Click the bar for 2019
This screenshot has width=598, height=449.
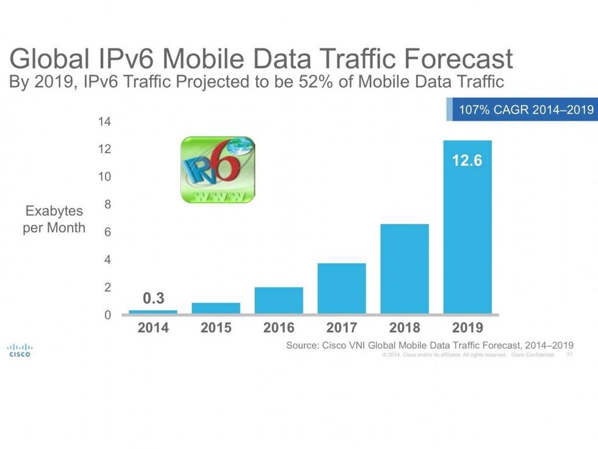[x=467, y=232]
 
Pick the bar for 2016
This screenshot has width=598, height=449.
[x=279, y=301]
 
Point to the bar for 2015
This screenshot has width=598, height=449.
[x=216, y=308]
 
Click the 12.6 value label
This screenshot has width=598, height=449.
[x=467, y=161]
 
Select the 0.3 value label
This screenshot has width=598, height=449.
[x=153, y=299]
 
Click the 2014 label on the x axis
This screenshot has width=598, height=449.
[x=153, y=328]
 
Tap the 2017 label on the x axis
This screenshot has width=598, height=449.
[x=342, y=328]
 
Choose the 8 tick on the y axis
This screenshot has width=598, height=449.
[x=107, y=205]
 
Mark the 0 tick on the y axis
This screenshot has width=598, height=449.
[x=107, y=315]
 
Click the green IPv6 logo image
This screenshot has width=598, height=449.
[x=218, y=170]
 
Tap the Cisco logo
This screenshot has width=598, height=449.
[x=20, y=350]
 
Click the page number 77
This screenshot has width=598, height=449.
[x=569, y=355]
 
